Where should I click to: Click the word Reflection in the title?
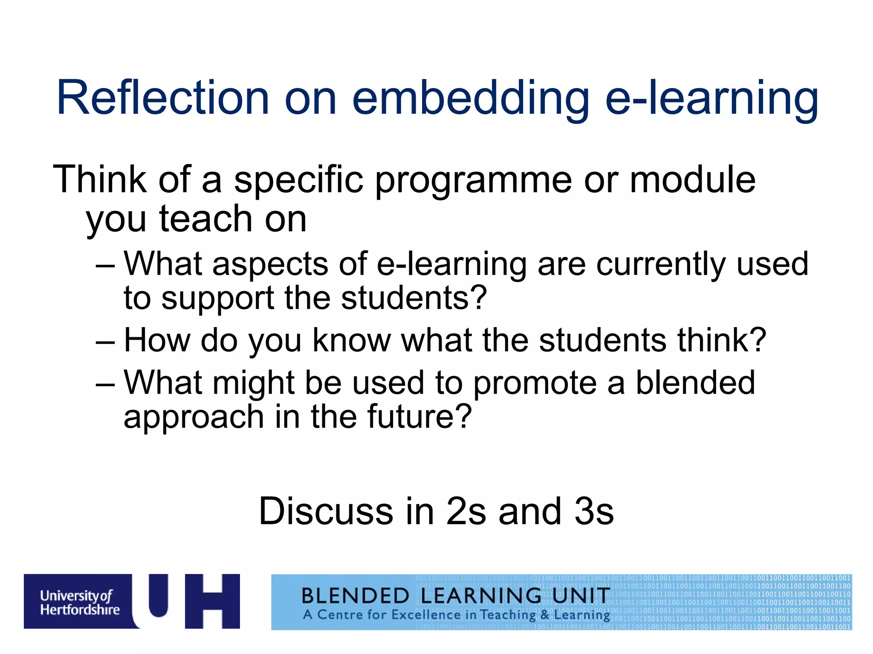click(163, 98)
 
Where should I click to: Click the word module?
click(692, 180)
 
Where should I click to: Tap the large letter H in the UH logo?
click(212, 601)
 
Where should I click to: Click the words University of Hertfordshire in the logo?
click(80, 602)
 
